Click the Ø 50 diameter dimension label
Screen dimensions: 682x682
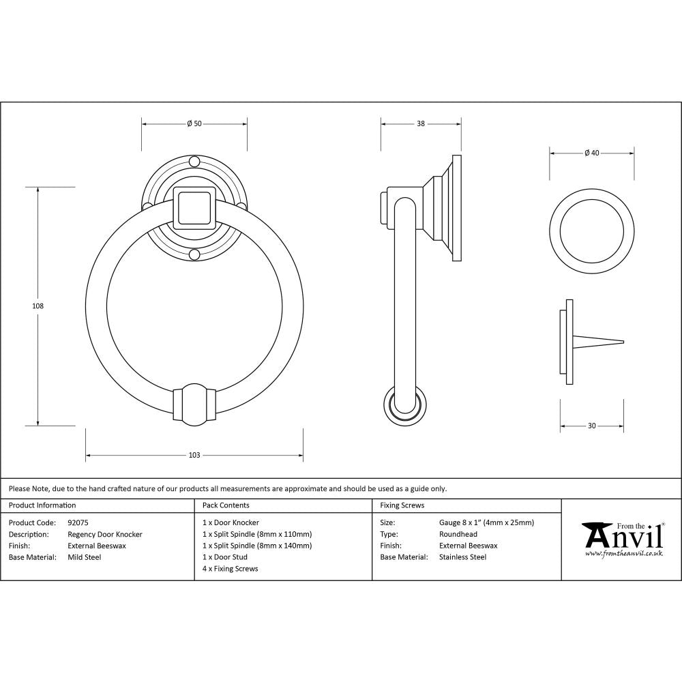point(194,123)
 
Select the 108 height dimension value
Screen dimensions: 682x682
point(38,306)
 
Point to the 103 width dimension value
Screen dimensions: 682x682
point(194,455)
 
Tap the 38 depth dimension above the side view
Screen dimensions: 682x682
point(421,123)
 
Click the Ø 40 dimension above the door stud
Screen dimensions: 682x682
point(591,153)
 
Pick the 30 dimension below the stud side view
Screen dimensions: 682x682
point(591,426)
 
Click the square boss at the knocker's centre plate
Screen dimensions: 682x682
point(194,207)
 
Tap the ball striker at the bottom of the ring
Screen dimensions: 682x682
point(194,403)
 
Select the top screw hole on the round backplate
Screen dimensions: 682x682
point(194,162)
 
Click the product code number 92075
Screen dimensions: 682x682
point(78,523)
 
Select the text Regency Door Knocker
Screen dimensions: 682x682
point(105,535)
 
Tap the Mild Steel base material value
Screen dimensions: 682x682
point(84,557)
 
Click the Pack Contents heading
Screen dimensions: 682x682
point(226,505)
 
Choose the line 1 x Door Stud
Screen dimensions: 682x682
point(225,557)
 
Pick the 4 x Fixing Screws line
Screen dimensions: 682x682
point(231,569)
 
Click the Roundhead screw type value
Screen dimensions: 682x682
point(458,535)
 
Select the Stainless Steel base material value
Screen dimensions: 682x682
point(462,557)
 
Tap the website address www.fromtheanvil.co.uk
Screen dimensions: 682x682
point(623,554)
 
